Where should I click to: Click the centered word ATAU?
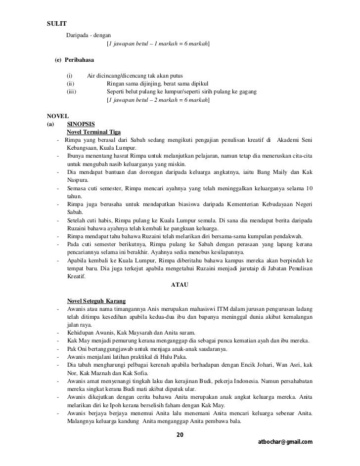180,285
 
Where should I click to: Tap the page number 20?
180,434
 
